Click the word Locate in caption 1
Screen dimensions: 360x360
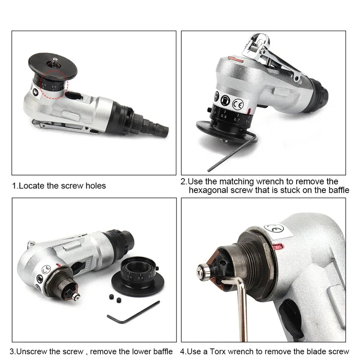click(34, 185)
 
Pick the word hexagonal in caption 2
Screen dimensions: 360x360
click(208, 190)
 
